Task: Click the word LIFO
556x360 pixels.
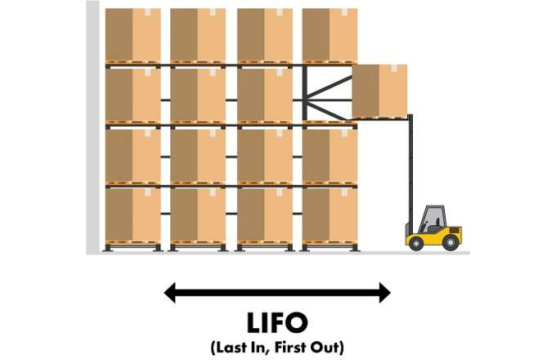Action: [277, 322]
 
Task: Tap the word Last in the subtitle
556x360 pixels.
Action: [229, 347]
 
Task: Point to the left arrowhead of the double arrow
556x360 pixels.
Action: [169, 293]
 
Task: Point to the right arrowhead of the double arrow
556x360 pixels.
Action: [385, 293]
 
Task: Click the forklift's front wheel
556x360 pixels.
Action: [416, 243]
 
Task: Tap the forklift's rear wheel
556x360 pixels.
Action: [451, 243]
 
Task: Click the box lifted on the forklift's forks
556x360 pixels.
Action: [379, 91]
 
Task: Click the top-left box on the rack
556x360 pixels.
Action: [133, 34]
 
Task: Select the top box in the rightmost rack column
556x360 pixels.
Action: [330, 34]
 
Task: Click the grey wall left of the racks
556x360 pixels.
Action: [92, 127]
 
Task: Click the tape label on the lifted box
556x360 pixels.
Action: [393, 68]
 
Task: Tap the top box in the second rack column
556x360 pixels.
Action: [198, 34]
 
